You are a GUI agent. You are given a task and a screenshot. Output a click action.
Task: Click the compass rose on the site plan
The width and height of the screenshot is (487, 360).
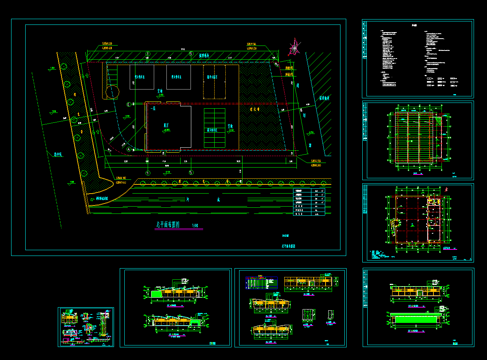pos(293,48)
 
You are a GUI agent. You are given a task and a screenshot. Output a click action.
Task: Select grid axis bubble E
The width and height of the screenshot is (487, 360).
pos(129,104)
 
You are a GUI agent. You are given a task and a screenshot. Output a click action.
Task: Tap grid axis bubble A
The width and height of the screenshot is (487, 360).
pos(129,148)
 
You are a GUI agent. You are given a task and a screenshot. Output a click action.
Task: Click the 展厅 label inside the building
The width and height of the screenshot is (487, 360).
pos(167,125)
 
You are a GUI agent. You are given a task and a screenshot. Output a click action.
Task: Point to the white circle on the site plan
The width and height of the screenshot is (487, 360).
pos(112,92)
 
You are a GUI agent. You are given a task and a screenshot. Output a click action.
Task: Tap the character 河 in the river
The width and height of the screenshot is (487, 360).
pos(188,199)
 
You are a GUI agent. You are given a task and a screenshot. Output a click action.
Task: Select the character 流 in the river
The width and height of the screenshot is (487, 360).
pos(218,199)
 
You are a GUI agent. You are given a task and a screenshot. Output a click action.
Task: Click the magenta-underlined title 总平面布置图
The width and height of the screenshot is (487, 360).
pos(169,225)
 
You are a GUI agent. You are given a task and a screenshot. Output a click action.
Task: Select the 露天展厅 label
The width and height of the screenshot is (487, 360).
pos(212,77)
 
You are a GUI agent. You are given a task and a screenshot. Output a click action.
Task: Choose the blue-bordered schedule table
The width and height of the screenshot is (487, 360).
pos(261,282)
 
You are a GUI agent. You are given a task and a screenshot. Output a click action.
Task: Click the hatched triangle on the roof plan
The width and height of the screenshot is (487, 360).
pos(438,121)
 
